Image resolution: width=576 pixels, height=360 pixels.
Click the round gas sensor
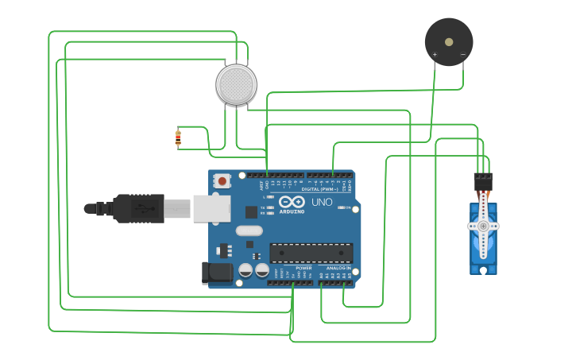(237, 83)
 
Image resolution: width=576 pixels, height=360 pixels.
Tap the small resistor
(178, 138)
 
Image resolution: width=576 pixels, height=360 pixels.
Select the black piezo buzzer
(449, 41)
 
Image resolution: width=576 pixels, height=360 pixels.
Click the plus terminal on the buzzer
(435, 55)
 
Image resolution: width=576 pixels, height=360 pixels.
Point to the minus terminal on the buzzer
(462, 55)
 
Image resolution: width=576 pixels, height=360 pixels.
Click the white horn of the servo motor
(483, 226)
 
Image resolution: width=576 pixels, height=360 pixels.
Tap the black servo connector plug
(482, 182)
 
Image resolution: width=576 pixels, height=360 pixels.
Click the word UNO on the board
(322, 203)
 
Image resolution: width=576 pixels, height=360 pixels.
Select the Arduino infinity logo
(291, 202)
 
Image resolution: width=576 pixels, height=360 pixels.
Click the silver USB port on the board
(211, 208)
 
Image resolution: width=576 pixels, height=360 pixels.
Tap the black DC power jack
(217, 273)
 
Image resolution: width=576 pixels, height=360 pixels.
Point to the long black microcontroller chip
(311, 253)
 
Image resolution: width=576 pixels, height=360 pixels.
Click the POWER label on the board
(303, 269)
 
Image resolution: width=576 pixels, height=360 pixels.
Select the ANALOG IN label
(338, 269)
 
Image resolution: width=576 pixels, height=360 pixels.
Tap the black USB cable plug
(137, 208)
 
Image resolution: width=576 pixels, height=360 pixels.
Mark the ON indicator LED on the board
(342, 207)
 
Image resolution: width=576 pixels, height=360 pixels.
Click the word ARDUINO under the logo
(291, 211)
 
